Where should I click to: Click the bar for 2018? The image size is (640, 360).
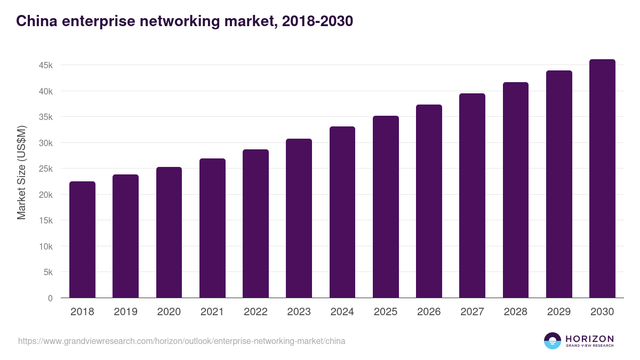[x=82, y=239]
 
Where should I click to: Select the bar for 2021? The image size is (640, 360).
[x=212, y=228]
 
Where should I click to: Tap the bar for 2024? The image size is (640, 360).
[x=342, y=212]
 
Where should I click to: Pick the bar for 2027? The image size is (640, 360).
[x=472, y=196]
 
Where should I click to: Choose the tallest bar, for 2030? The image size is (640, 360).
[x=602, y=179]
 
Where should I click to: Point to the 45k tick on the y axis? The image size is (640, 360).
[x=45, y=65]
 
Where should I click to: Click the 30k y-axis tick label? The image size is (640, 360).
[x=45, y=143]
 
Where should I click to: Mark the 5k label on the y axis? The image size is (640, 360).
[x=47, y=273]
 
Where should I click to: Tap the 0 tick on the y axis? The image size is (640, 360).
[x=50, y=298]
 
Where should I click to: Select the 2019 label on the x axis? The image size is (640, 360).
[x=125, y=312]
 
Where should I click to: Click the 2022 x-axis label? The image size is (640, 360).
[x=255, y=312]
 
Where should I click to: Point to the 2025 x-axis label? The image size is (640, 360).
[x=386, y=312]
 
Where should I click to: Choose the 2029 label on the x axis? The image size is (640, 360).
[x=559, y=312]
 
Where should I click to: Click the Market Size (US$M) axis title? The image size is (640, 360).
[x=21, y=172]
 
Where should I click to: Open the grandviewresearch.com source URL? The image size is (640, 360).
[x=181, y=341]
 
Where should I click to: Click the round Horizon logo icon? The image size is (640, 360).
[x=553, y=341]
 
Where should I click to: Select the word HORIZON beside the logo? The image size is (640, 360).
[x=589, y=339]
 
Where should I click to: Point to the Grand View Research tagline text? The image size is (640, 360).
[x=589, y=346]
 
